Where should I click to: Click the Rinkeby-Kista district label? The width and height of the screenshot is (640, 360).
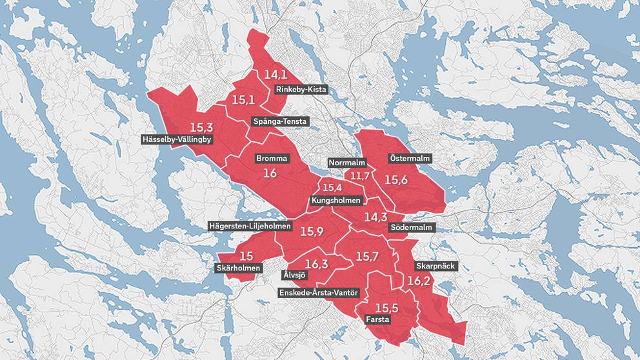coord(301,90)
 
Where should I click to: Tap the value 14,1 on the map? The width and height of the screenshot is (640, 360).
coord(275,75)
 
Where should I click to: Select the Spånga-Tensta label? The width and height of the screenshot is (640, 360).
coord(280,121)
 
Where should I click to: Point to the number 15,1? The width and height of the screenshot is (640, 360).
coord(244,101)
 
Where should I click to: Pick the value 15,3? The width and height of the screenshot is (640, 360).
coord(202,127)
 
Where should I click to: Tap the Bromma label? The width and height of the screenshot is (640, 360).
coord(272,158)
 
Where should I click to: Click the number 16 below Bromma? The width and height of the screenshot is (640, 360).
coord(270,174)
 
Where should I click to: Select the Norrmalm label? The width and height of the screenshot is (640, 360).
coord(347,162)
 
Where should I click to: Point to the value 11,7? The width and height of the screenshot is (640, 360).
coord(360,176)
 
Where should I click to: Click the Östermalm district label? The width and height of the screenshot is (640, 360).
coord(410,158)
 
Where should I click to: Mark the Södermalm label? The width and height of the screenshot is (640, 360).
coord(413,228)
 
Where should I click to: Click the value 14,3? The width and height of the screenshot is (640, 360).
coord(376,217)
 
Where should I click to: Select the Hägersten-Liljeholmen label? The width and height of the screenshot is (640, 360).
coord(250,226)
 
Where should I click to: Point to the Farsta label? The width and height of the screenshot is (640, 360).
coord(377,319)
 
